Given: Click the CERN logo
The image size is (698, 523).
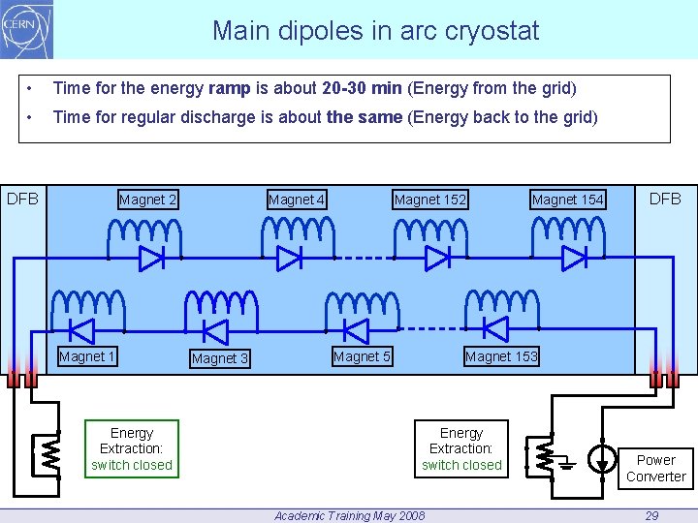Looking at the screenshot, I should click(27, 29).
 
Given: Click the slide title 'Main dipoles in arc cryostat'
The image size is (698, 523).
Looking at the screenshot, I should click(375, 31).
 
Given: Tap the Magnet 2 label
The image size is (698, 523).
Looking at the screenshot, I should click(147, 200).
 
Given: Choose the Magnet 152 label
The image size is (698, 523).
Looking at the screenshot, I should click(429, 200).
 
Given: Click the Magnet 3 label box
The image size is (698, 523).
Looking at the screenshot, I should click(220, 358).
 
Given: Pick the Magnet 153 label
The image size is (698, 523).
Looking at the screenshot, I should click(501, 356).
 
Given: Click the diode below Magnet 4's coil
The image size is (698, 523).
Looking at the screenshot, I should click(289, 259).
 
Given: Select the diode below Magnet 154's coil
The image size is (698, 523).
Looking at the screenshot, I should click(574, 259).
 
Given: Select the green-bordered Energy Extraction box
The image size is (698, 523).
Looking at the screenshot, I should click(132, 448).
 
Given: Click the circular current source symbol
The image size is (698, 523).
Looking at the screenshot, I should click(603, 457).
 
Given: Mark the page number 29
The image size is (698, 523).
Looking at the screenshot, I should click(651, 515).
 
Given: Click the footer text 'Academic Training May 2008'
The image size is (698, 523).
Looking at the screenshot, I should click(349, 515).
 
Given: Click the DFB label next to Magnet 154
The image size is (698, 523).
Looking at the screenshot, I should click(665, 199).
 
